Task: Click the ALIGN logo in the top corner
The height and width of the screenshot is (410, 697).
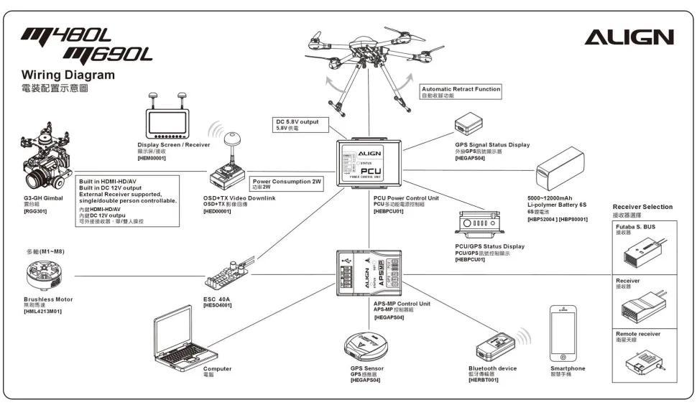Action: pyautogui.click(x=629, y=37)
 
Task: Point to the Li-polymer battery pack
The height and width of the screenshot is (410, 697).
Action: pyautogui.click(x=562, y=169)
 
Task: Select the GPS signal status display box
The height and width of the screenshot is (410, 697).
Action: pyautogui.click(x=474, y=124)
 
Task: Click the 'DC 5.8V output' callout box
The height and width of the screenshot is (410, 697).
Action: pyautogui.click(x=301, y=124)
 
